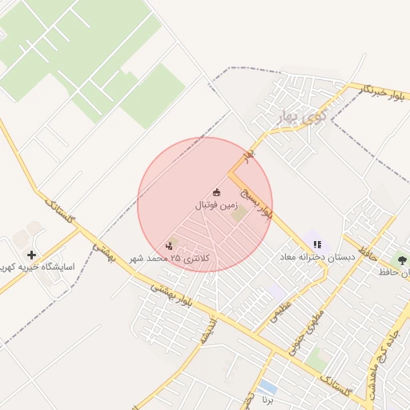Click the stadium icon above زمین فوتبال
[216, 191]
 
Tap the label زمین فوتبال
[216, 205]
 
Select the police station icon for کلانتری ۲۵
[169, 245]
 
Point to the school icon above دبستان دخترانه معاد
[317, 244]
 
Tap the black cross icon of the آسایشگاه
[31, 254]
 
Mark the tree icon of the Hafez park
[400, 259]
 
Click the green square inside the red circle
[240, 215]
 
